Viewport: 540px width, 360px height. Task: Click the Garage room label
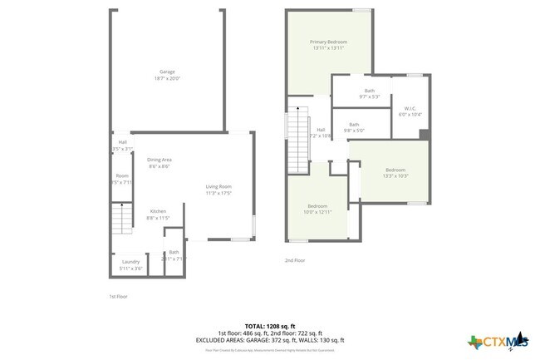pos(167,72)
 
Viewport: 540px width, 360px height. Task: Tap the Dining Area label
pos(160,159)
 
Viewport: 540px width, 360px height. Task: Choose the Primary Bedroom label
pos(328,42)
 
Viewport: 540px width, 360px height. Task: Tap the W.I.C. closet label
pos(410,108)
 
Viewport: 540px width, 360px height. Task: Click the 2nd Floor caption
pos(295,260)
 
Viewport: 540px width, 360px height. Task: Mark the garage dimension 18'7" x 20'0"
pos(167,78)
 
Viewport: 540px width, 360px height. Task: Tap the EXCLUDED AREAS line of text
pos(270,340)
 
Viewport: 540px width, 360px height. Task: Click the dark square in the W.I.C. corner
pos(424,135)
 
